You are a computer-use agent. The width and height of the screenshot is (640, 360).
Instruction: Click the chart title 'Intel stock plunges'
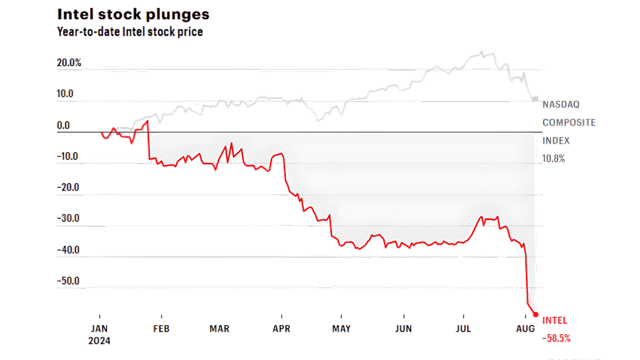pos(133,14)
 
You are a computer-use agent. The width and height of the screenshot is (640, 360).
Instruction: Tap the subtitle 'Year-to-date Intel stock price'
pos(130,32)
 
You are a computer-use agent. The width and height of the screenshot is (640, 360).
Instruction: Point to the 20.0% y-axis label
pos(69,62)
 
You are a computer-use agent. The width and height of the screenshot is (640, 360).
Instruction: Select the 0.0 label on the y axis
pos(63,125)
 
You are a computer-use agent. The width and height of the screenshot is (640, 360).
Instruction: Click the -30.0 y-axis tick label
pos(68,218)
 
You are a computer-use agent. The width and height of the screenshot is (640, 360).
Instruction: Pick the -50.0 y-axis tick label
pos(68,280)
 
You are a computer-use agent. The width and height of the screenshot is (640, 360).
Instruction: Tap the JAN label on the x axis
pos(99,329)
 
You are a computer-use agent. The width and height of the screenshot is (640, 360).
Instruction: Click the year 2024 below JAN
pos(99,341)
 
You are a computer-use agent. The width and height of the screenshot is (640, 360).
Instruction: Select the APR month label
pos(281,329)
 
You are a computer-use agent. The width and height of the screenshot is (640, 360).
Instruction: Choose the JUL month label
pos(463,329)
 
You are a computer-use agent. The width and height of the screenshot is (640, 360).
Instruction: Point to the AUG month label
pos(525,329)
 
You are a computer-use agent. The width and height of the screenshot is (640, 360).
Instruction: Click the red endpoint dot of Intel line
pos(536,314)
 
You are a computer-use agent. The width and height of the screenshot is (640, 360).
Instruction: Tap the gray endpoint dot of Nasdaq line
pos(535,99)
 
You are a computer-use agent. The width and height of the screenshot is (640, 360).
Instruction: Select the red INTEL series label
pos(554,320)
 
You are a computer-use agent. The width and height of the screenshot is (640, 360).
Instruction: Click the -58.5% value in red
pos(556,338)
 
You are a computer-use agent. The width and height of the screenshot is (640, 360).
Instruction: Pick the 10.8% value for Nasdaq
pos(553,159)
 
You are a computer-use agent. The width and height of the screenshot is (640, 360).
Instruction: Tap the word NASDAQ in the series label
pos(561,104)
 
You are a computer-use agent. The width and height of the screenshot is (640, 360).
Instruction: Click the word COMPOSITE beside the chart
pos(569,122)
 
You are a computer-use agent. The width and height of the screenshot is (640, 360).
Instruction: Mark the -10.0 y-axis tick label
pos(67,156)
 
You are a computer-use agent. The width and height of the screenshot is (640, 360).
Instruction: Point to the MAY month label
pos(341,329)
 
